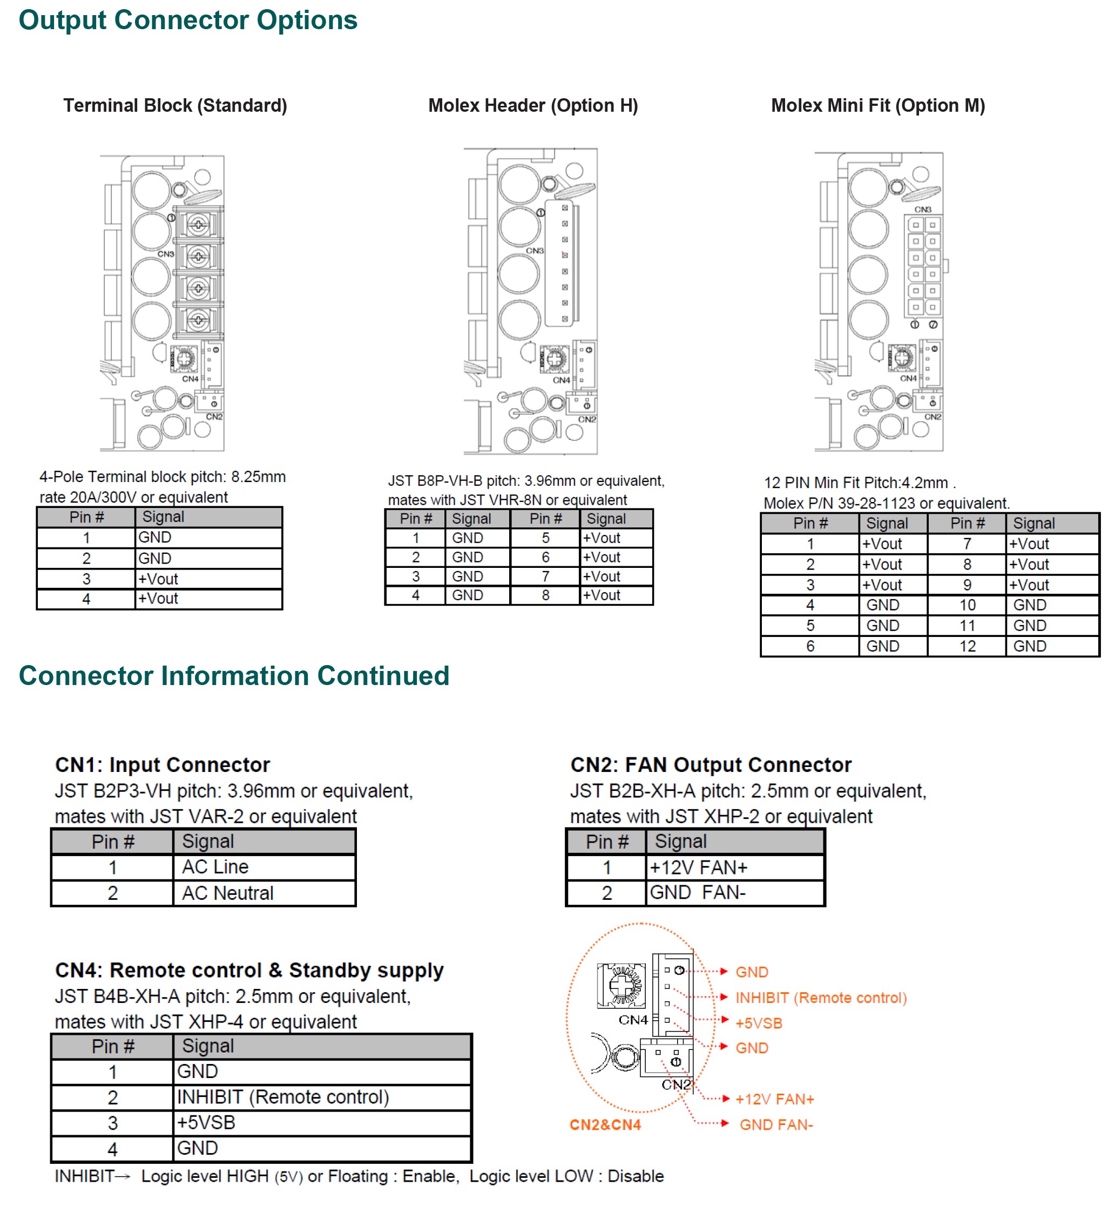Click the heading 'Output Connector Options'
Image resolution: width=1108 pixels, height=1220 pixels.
[188, 21]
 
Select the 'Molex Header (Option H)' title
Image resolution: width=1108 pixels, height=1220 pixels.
[533, 106]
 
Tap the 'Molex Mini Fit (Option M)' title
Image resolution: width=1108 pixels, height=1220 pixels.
[877, 106]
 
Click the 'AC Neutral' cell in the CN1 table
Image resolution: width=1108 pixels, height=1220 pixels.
[228, 893]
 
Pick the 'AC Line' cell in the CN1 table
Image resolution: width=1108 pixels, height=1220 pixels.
[215, 867]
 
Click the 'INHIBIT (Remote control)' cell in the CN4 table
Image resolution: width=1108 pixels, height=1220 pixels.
[283, 1097]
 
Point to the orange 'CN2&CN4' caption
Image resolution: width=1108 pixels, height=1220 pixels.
[605, 1125]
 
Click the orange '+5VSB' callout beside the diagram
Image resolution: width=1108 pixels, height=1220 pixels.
[759, 1024]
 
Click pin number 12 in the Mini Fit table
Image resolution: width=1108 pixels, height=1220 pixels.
[967, 646]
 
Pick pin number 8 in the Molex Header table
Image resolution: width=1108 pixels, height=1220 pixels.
[545, 595]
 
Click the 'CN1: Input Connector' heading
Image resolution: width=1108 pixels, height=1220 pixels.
[163, 765]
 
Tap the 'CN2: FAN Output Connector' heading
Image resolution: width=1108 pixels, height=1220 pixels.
[710, 765]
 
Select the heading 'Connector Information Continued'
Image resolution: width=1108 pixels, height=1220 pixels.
[234, 676]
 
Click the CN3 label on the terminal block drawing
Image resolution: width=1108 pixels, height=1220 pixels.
[165, 254]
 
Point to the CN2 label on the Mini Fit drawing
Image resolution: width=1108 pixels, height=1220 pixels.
[933, 417]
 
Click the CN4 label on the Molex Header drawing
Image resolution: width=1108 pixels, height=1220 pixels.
[561, 381]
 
